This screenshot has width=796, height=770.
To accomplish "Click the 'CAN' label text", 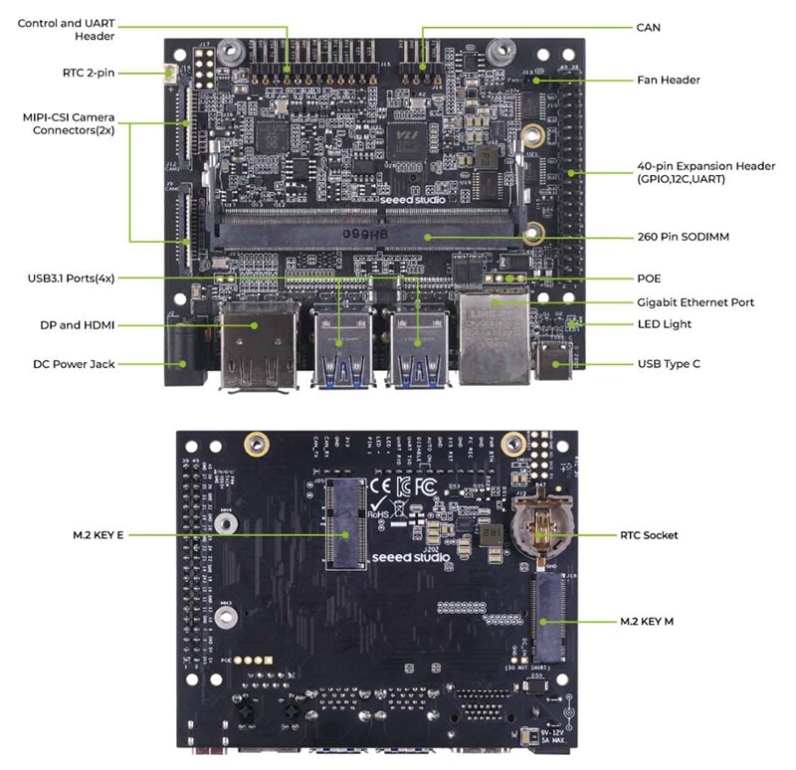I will tap(648, 28).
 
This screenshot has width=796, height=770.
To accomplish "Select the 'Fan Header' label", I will tap(668, 80).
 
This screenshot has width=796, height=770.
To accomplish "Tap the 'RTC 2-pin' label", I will tap(88, 73).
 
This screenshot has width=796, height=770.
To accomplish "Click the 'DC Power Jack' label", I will tap(74, 364).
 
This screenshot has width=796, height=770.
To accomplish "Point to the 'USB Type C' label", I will tap(669, 364).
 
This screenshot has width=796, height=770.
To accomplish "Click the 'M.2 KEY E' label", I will tap(99, 535).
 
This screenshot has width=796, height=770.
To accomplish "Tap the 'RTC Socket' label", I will tap(648, 535).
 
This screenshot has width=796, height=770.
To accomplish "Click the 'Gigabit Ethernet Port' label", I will tap(696, 301).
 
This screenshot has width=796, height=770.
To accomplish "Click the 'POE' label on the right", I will tap(649, 279).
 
